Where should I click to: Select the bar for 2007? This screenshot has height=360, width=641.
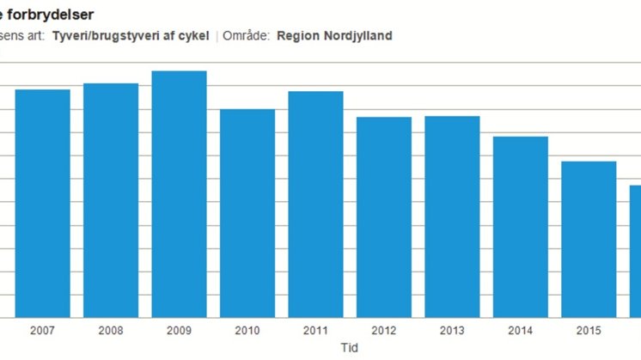coord(42,204)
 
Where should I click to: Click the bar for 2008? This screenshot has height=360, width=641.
coord(111,200)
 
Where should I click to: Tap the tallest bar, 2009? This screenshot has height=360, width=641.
coord(179,194)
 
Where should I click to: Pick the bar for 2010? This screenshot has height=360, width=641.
coord(247,213)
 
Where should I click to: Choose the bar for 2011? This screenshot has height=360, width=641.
coord(315,204)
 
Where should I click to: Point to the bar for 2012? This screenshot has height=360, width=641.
coord(384,217)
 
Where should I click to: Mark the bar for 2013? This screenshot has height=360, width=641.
coord(452,217)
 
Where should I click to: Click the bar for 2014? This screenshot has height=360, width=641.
coord(521,227)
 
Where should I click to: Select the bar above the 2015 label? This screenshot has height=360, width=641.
coord(589,240)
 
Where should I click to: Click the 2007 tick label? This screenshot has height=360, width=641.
coord(42,331)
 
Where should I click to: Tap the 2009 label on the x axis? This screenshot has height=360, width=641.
coord(179,331)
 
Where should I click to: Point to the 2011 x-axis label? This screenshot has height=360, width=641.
coord(315,331)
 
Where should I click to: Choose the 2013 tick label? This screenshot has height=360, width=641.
coord(452,331)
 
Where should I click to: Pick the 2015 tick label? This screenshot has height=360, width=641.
coord(589,331)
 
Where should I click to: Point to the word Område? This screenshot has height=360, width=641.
coord(246,36)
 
